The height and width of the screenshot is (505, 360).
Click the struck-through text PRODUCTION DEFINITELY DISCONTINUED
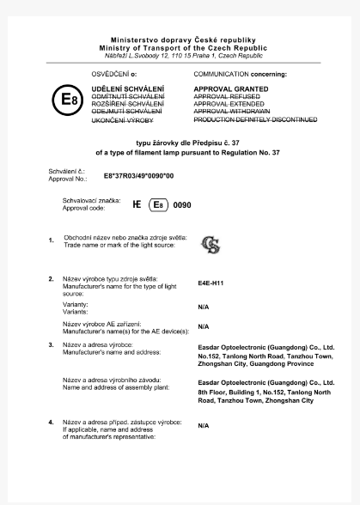pos(255,120)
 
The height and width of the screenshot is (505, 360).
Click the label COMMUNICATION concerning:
pos(240,75)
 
